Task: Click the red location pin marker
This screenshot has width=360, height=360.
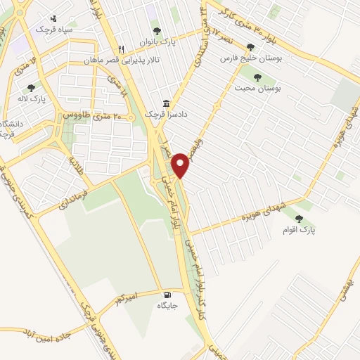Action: tap(181, 164)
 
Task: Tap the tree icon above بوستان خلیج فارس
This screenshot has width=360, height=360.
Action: tap(250, 47)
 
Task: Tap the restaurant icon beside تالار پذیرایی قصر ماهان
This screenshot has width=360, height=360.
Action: tap(122, 50)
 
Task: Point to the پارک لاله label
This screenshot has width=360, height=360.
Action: tap(32, 99)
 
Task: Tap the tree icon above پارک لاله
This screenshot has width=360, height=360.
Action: tap(31, 88)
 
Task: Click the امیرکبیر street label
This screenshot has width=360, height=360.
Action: tap(127, 301)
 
